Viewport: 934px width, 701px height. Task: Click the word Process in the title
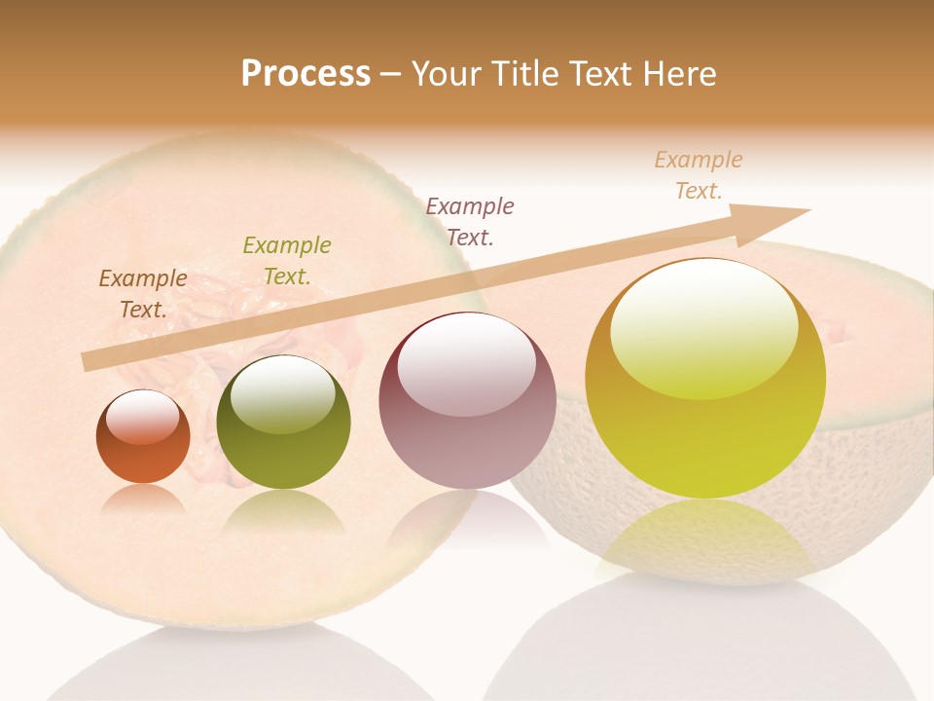tap(305, 74)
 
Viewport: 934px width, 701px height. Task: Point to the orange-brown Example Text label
tap(143, 293)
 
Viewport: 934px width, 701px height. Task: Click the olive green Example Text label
tap(287, 260)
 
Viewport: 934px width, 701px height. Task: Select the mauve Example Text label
tap(470, 221)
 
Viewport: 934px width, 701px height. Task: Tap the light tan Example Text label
tap(699, 175)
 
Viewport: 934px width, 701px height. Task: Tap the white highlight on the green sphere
tap(283, 394)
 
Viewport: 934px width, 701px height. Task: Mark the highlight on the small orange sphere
tap(143, 417)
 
